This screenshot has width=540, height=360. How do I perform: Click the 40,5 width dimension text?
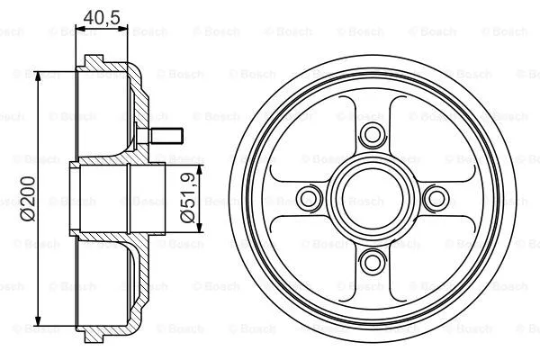coord(103,15)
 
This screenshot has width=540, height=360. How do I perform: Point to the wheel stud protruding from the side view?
coord(166,137)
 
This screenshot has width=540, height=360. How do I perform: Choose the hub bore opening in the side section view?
coord(99,197)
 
